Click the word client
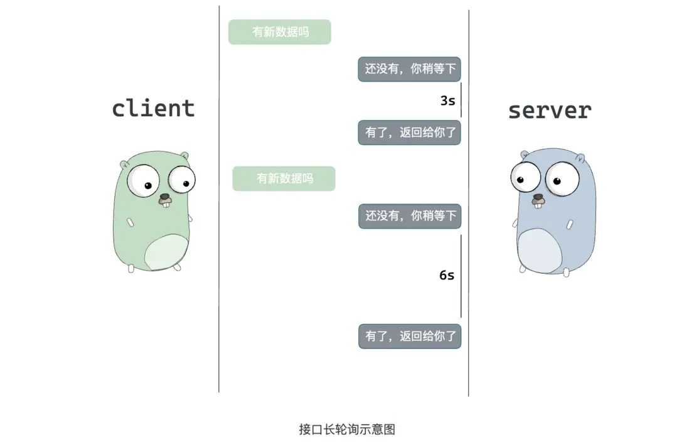(x=153, y=108)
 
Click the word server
(x=550, y=110)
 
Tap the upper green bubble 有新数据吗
(x=279, y=31)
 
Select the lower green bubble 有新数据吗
(x=284, y=178)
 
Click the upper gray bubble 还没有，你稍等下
(x=410, y=69)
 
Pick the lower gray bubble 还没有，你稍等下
(x=410, y=216)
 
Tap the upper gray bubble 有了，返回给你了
(x=410, y=132)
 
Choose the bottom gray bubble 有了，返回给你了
(x=410, y=337)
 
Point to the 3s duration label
(x=448, y=100)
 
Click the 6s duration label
(x=447, y=276)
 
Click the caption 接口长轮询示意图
(x=347, y=429)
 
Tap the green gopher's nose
(x=164, y=197)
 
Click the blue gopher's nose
(x=538, y=197)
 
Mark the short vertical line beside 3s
(x=461, y=100)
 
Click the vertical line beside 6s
(x=461, y=276)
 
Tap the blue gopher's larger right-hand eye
(x=562, y=179)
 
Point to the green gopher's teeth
(x=166, y=203)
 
